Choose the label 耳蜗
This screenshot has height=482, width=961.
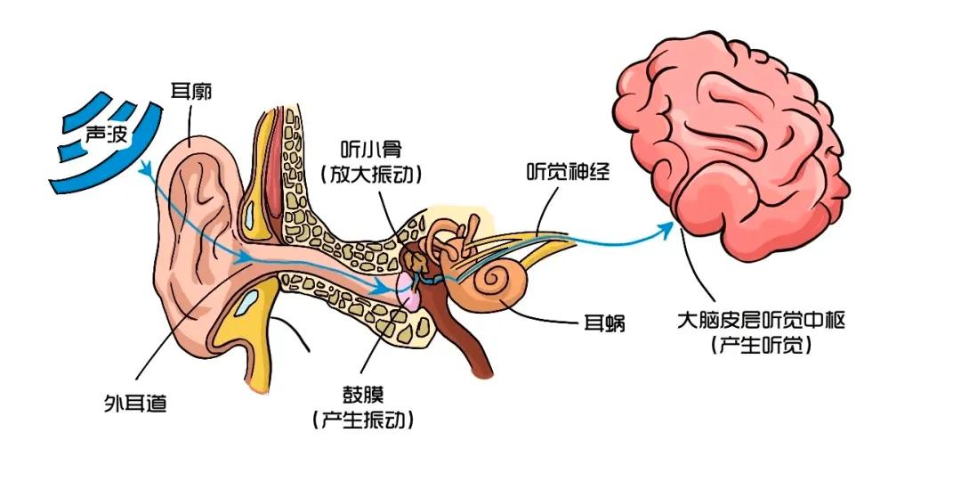tap(606, 323)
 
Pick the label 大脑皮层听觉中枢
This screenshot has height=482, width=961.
tap(762, 319)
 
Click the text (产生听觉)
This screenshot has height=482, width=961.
tap(762, 346)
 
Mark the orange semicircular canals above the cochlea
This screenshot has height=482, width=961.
tap(448, 241)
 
